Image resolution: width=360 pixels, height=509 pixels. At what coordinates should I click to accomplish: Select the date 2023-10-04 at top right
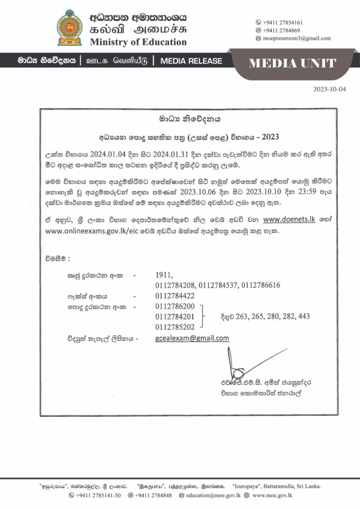pyautogui.click(x=330, y=89)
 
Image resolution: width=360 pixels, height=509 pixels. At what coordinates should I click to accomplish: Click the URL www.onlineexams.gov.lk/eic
pyautogui.click(x=89, y=232)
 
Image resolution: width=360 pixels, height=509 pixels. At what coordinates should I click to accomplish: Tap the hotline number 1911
pyautogui.click(x=164, y=276)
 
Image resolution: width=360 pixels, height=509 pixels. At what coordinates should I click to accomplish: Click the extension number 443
pyautogui.click(x=304, y=316)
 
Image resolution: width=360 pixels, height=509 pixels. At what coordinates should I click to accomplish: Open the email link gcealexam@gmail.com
pyautogui.click(x=192, y=338)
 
